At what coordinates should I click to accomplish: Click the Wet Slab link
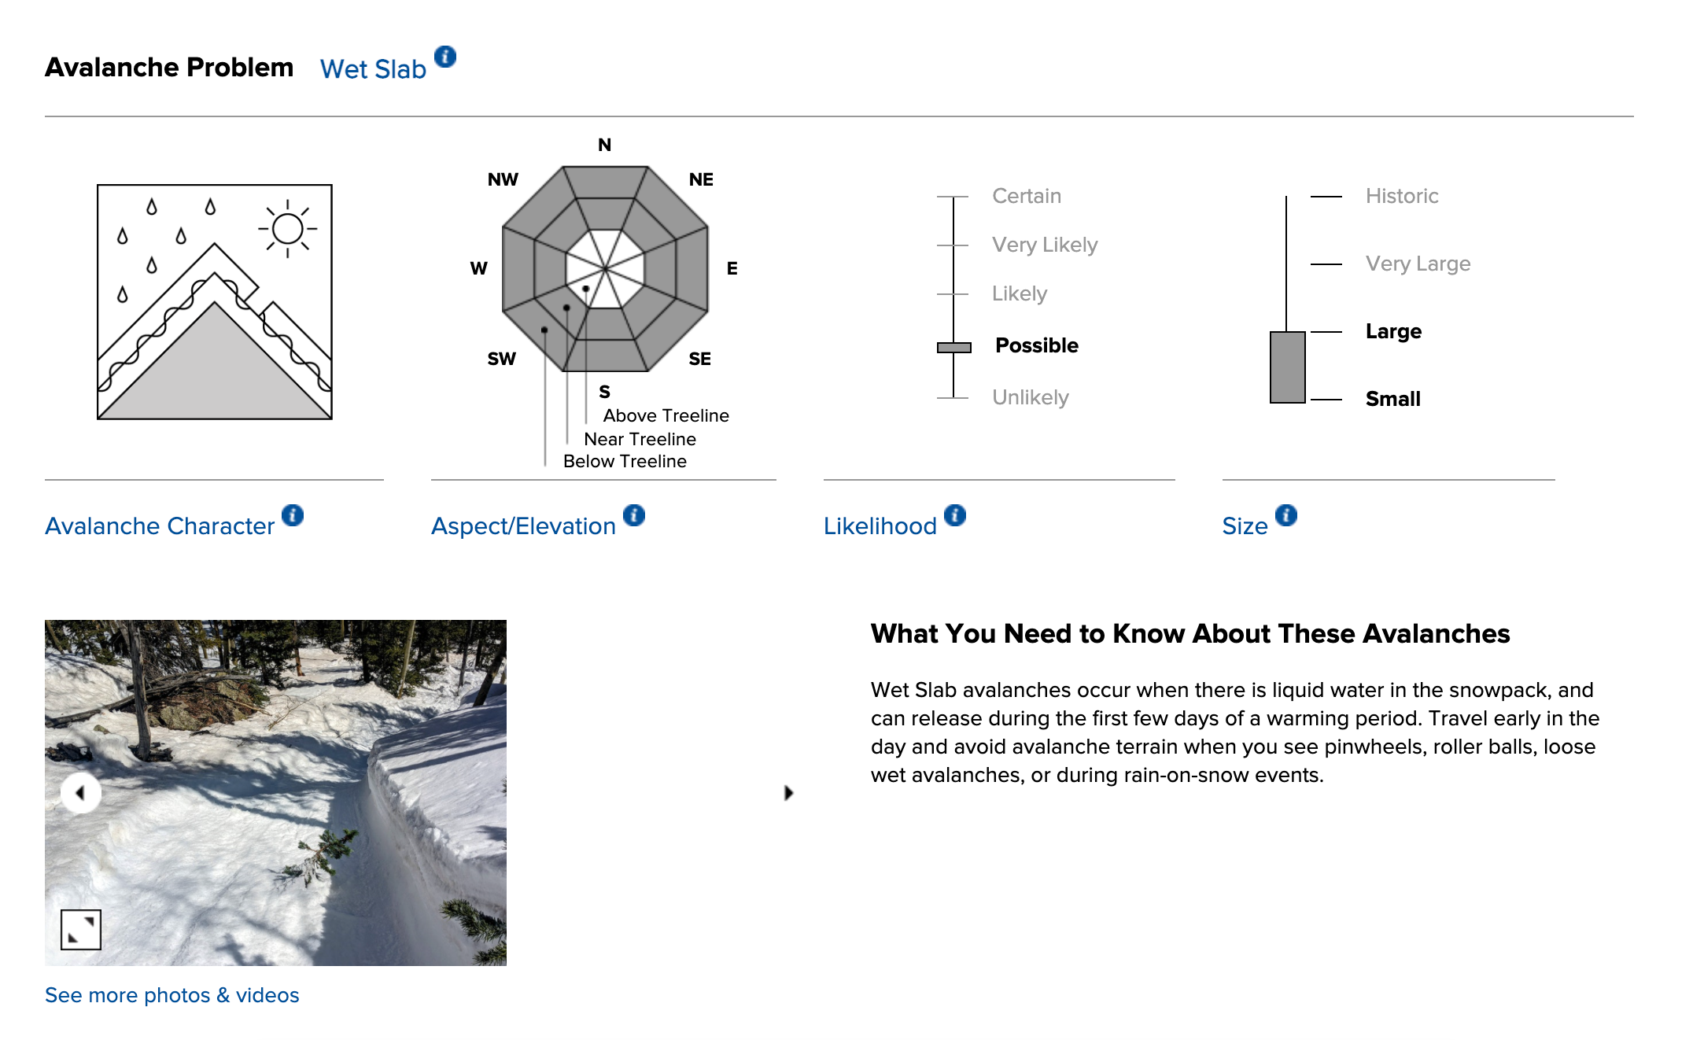(373, 69)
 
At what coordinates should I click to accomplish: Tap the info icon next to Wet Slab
(445, 57)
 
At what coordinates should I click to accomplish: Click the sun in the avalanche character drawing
(287, 229)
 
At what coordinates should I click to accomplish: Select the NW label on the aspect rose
(503, 179)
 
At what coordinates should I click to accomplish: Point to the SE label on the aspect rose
(699, 359)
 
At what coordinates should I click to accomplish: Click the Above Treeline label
(666, 415)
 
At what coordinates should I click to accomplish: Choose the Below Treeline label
(625, 461)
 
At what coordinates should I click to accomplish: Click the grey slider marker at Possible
(953, 347)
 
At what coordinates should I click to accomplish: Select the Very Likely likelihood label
(1044, 245)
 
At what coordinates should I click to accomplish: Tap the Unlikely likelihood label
(1030, 397)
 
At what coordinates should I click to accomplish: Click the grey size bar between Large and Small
(1287, 367)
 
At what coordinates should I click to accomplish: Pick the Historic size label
(1401, 196)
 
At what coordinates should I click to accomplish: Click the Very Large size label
(1417, 264)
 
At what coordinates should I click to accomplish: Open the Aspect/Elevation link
(523, 526)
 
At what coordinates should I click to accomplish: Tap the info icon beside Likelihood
(955, 515)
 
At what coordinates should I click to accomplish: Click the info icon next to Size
(1286, 515)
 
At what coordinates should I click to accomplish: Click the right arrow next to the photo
(788, 792)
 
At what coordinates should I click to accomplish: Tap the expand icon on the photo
(81, 929)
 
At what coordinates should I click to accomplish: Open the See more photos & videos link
(172, 995)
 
